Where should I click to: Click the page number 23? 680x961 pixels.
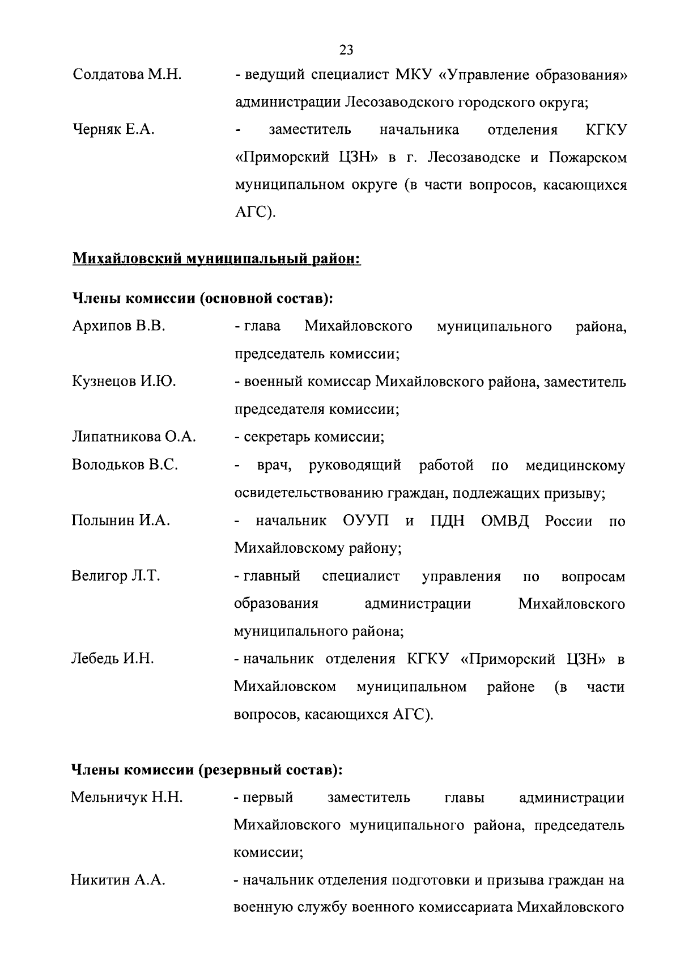[x=346, y=50]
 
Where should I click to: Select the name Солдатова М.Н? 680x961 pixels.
[x=127, y=74]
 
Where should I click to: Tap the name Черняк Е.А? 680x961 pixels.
[x=114, y=130]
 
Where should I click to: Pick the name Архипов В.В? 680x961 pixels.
[x=119, y=326]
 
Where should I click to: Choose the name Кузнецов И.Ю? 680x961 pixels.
[x=124, y=382]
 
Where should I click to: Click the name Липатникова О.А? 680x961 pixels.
[x=134, y=437]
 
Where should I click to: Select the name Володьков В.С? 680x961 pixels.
[x=125, y=465]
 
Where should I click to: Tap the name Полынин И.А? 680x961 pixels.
[x=121, y=520]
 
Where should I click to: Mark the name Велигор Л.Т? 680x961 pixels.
[x=116, y=576]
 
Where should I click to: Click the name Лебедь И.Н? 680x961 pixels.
[x=113, y=659]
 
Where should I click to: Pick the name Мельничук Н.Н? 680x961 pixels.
[x=127, y=798]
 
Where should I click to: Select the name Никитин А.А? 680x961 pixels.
[x=118, y=880]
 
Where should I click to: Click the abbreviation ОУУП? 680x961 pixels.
[x=366, y=520]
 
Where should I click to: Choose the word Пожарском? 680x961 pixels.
[x=588, y=157]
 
